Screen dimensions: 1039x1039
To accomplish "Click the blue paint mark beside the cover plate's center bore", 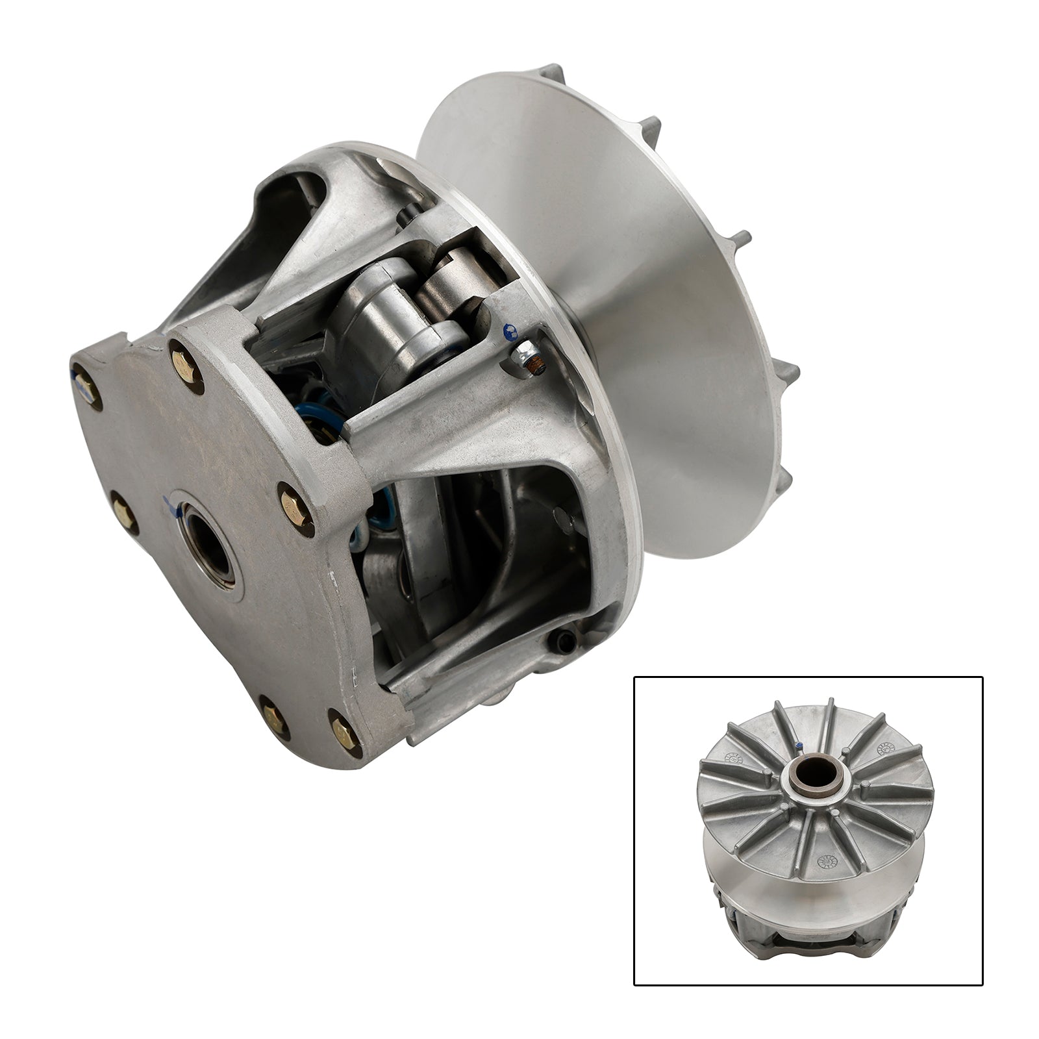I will tap(170, 505).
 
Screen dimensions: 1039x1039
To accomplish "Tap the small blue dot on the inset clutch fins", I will tap(797, 745).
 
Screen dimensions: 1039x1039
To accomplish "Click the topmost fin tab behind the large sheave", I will tap(552, 71).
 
